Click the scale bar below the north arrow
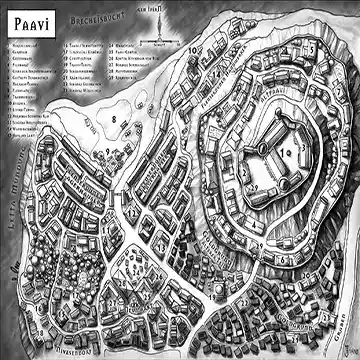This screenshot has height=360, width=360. pos(157,45)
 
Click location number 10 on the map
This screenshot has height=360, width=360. pos(191,49)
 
